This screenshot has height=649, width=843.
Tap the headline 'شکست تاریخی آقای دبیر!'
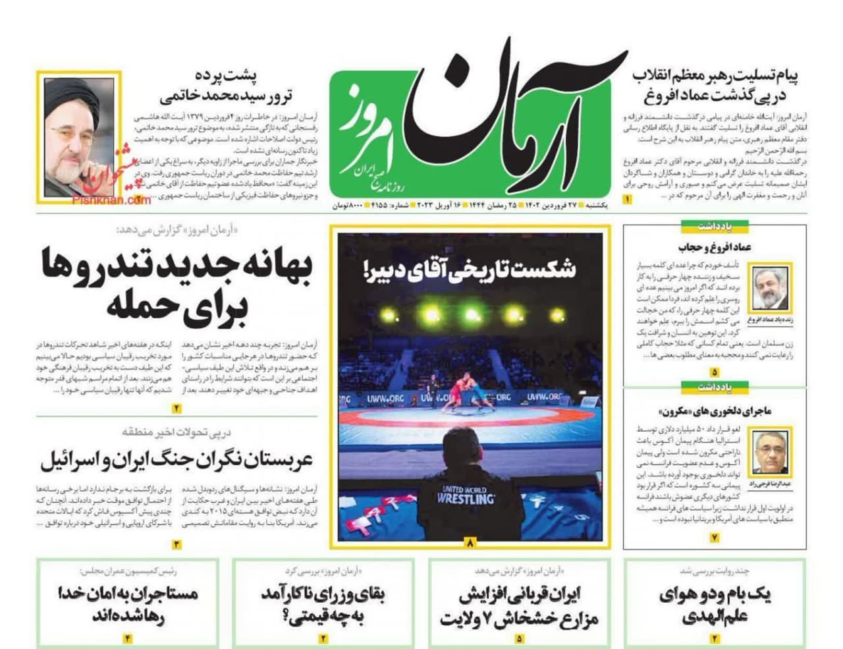(468, 268)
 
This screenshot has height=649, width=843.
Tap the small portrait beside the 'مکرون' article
(771, 453)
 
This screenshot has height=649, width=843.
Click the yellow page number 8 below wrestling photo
(470, 544)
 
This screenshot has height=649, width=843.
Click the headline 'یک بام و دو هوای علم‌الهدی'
(715, 605)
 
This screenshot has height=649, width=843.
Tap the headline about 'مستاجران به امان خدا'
(128, 605)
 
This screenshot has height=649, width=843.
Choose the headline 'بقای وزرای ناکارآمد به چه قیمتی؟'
(323, 605)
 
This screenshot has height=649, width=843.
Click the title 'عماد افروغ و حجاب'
(715, 248)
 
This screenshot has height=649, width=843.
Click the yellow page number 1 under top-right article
(628, 199)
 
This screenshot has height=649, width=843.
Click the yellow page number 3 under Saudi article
(177, 544)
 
